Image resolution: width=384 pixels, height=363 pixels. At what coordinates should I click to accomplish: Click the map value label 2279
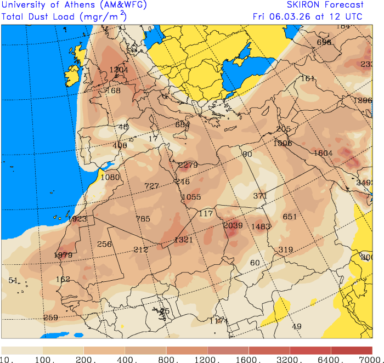pyautogui.click(x=188, y=165)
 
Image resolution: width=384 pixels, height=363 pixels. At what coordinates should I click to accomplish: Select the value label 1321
pyautogui.click(x=183, y=240)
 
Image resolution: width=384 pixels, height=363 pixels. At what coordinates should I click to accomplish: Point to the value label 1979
pyautogui.click(x=63, y=254)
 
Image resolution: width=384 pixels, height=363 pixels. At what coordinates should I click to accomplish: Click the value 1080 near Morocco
pyautogui.click(x=110, y=177)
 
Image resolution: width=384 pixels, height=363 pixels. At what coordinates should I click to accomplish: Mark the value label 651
pyautogui.click(x=290, y=217)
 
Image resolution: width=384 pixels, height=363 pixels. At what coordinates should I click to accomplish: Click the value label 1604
pyautogui.click(x=323, y=153)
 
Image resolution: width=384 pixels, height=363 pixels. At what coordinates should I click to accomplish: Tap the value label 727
pyautogui.click(x=151, y=186)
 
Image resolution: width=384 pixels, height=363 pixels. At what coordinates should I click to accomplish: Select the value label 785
pyautogui.click(x=143, y=219)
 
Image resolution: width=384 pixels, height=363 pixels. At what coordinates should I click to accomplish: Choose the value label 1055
pyautogui.click(x=191, y=197)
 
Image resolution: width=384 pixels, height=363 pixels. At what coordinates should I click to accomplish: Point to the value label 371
pyautogui.click(x=260, y=196)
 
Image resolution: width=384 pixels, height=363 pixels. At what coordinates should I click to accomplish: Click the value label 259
pyautogui.click(x=50, y=317)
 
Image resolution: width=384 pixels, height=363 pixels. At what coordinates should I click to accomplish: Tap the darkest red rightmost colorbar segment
pyautogui.click(x=351, y=350)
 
